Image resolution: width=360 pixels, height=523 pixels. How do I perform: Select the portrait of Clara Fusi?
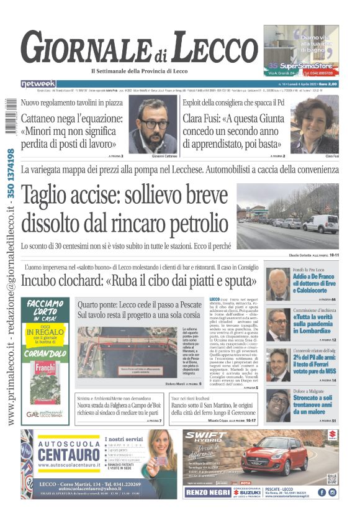pos(314,124)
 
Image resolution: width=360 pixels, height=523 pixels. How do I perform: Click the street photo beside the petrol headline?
pos(287,217)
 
